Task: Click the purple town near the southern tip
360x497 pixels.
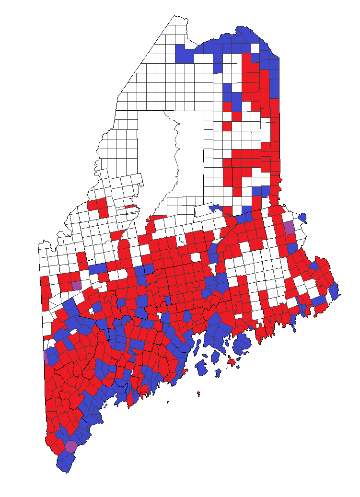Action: click(71, 447)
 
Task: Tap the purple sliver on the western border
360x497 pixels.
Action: click(46, 356)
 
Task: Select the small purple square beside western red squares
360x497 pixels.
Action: click(77, 285)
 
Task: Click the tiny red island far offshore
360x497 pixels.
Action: click(198, 394)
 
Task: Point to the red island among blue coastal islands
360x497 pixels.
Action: click(232, 362)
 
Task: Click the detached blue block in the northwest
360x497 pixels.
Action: click(185, 54)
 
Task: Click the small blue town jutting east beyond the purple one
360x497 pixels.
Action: click(302, 217)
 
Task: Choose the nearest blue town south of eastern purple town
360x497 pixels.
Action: click(292, 248)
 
